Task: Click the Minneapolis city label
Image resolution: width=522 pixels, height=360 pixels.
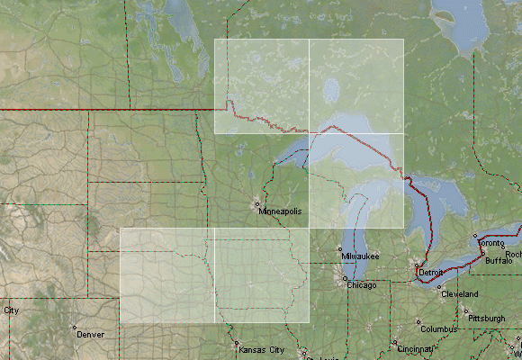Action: coord(281,211)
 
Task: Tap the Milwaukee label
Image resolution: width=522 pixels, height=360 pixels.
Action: coord(360,256)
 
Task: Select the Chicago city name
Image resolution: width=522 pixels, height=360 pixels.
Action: coord(362,285)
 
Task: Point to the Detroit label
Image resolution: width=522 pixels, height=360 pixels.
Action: coord(432,272)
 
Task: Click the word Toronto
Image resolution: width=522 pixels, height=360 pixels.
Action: coord(491,244)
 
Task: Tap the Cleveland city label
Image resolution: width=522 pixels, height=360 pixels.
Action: coord(459,294)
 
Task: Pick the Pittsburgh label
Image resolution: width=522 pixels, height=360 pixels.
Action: coord(487,319)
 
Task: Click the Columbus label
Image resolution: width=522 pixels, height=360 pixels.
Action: coord(439,329)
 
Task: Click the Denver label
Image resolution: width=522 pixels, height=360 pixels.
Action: coord(90,334)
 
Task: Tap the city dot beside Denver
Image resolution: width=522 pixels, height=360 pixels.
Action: coord(75,327)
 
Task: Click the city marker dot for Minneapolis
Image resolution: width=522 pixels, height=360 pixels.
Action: coord(257,204)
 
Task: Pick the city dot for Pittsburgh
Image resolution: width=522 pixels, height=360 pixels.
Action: coord(466,311)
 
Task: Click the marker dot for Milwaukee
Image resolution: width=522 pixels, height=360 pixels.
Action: coord(339,249)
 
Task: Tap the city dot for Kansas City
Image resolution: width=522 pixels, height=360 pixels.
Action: coord(237,343)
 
